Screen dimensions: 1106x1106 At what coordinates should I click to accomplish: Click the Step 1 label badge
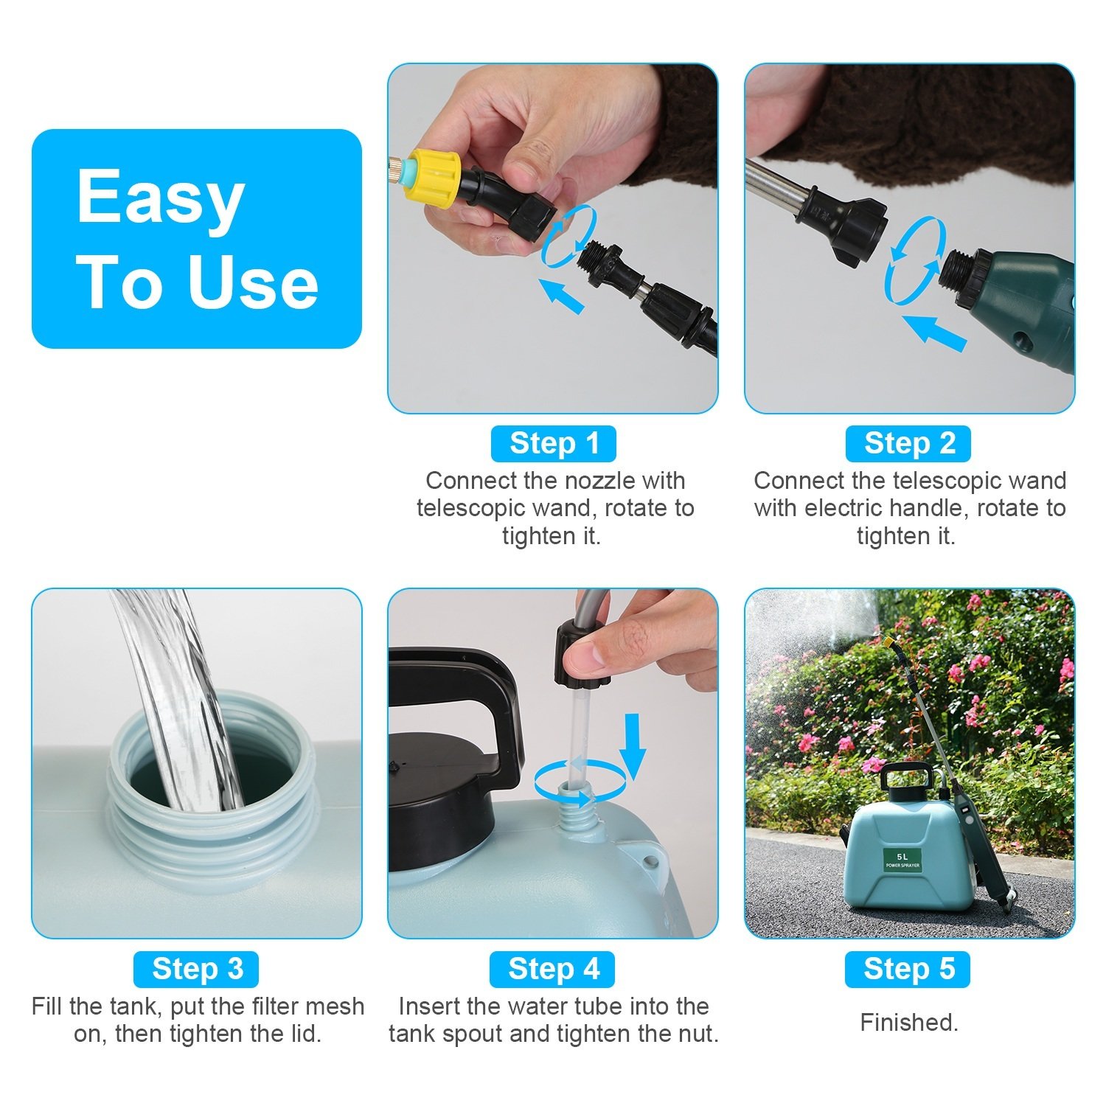pos(553,444)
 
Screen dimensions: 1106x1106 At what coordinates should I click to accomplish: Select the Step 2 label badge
pos(908,444)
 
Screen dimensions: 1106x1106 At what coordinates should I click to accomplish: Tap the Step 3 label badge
pos(196,969)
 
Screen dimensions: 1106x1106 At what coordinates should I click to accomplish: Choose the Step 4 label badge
pos(553,969)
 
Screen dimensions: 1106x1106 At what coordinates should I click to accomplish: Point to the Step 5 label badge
pos(908,969)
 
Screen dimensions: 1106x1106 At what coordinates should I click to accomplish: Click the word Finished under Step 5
pos(908,1023)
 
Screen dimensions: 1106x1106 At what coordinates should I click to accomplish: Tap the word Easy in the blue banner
pos(160,197)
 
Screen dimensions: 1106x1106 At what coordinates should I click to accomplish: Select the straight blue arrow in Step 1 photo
pos(561,295)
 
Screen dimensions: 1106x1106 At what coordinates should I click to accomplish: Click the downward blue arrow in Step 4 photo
pos(632,745)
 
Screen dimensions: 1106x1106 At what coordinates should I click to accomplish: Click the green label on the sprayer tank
pos(902,860)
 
